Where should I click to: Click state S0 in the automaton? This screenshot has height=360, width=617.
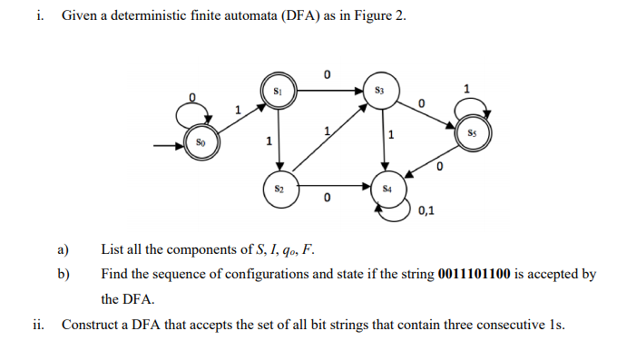click(201, 143)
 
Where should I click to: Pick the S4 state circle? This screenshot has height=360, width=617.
click(387, 190)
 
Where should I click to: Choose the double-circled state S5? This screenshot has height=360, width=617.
click(472, 132)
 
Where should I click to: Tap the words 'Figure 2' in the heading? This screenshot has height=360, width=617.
click(382, 16)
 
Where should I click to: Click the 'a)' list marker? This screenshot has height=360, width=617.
click(64, 249)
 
